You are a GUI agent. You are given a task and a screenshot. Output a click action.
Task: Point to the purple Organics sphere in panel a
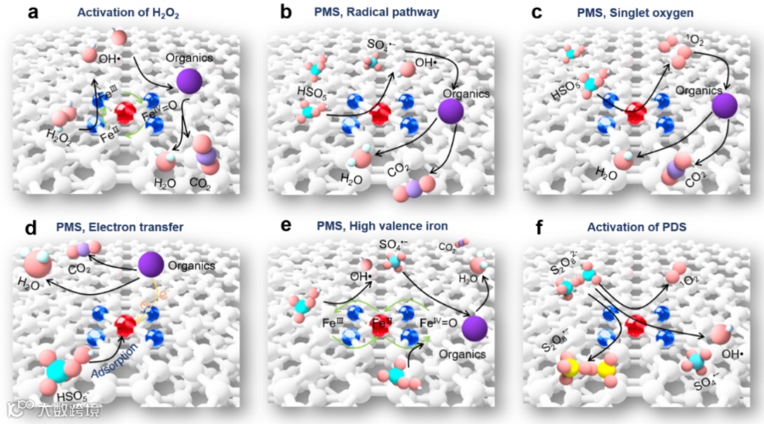tap(191, 82)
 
